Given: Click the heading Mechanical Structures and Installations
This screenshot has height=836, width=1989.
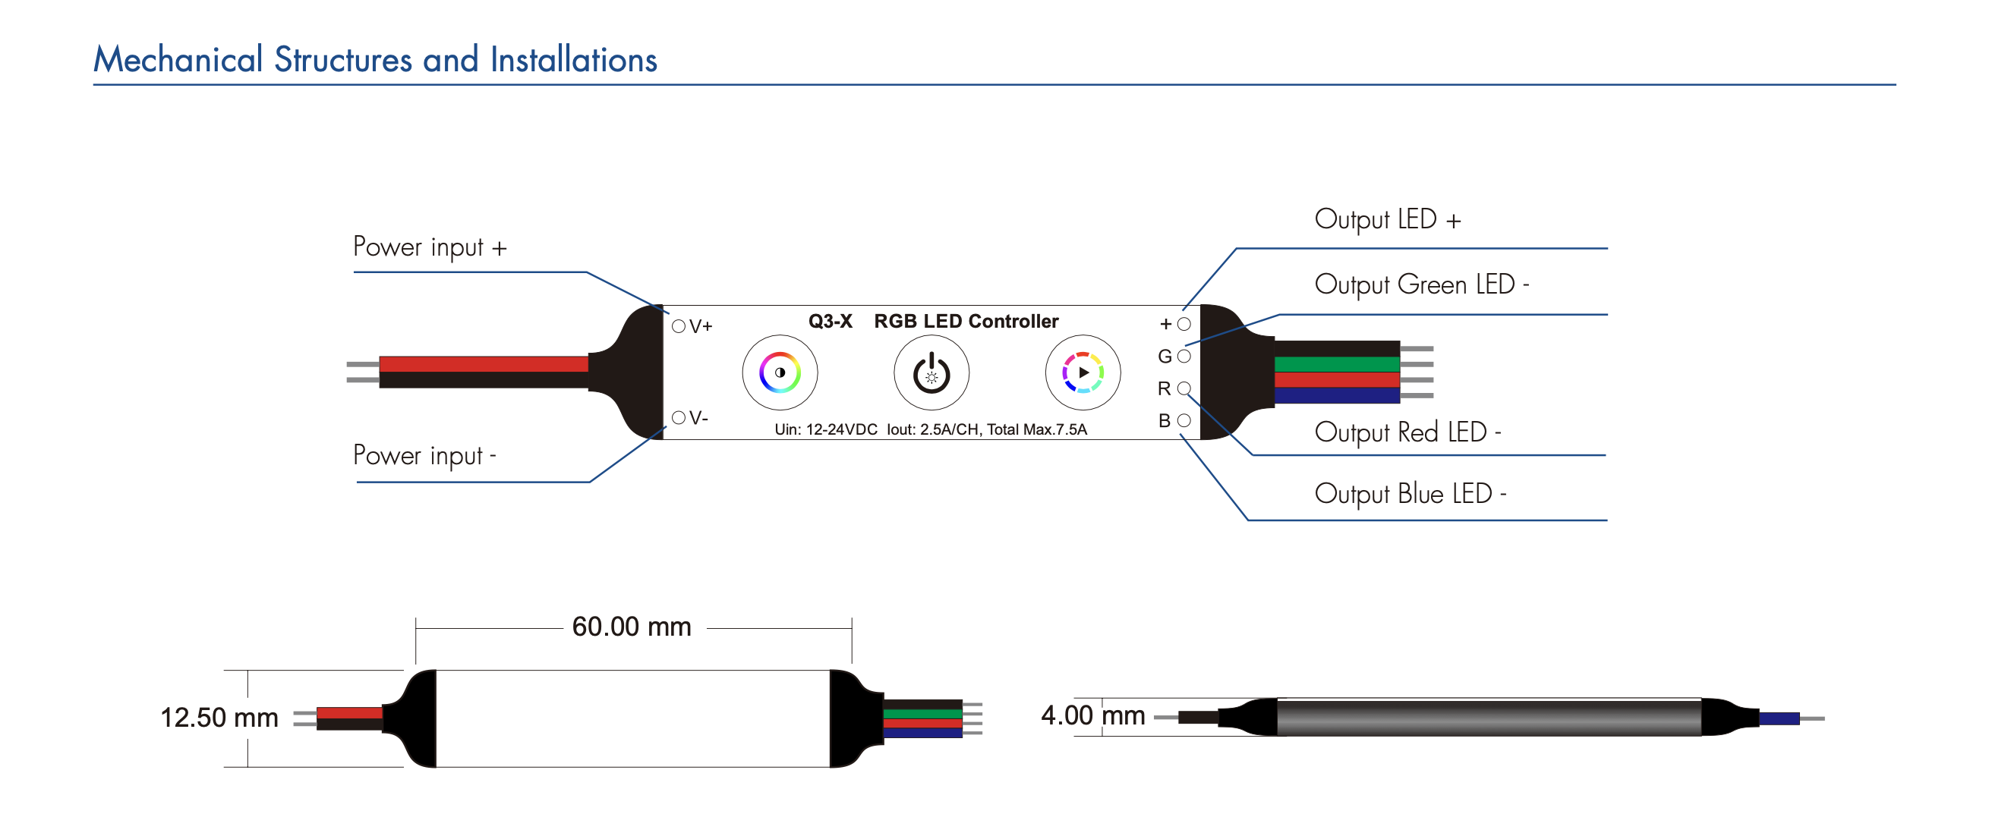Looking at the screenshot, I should tap(375, 59).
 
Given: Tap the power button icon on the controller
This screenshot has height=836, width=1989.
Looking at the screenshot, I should tap(931, 373).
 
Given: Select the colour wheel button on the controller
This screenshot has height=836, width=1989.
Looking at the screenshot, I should tap(780, 372).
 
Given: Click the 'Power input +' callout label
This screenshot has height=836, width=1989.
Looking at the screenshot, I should tap(429, 247).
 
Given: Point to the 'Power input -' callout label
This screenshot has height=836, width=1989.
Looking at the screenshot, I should tap(424, 455).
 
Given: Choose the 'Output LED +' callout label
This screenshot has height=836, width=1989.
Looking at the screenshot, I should tap(1387, 220).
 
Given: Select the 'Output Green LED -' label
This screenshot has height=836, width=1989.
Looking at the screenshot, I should tap(1420, 284).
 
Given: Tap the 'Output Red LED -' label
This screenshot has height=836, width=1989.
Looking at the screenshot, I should tap(1407, 432).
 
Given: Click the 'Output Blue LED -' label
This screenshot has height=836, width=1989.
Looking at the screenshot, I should tap(1409, 494).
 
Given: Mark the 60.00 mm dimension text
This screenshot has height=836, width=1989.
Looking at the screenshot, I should tap(632, 627).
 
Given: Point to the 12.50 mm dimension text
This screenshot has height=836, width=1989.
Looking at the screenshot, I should tap(219, 718).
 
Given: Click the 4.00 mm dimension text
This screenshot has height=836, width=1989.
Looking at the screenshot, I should tap(1092, 715).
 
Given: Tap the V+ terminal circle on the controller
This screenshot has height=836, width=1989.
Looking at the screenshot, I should tap(679, 326).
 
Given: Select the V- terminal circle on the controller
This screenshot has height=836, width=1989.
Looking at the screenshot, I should tap(679, 417).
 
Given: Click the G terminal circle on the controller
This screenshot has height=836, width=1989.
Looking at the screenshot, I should tap(1184, 357).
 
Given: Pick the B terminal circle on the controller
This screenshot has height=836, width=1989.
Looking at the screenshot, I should tap(1184, 421).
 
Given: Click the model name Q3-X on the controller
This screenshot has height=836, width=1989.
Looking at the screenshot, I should tap(830, 321).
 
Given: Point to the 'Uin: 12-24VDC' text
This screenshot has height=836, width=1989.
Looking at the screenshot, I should tap(825, 430).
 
